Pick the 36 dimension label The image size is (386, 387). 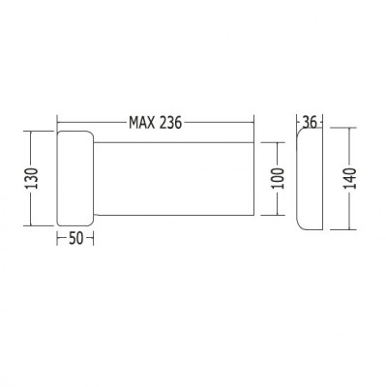[x=310, y=122]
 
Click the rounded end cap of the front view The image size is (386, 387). [x=74, y=179]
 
